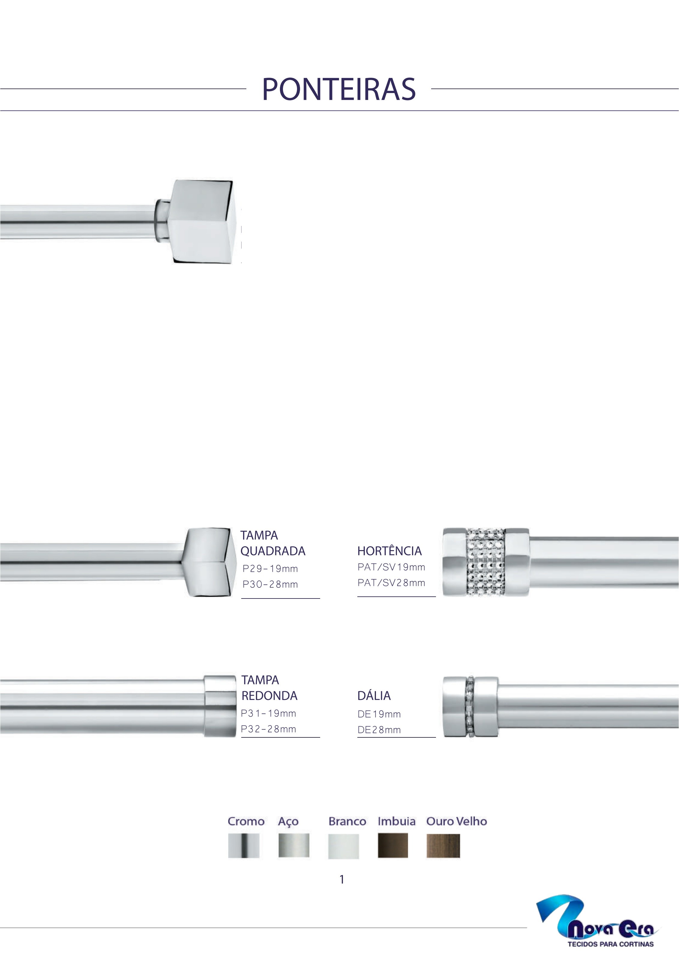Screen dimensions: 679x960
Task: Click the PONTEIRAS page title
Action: click(339, 89)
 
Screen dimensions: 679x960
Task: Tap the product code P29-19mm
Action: click(270, 568)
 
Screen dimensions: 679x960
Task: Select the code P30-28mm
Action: click(270, 584)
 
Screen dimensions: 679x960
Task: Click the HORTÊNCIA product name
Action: click(389, 551)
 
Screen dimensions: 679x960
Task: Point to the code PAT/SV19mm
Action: click(391, 567)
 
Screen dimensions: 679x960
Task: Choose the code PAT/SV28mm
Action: click(391, 583)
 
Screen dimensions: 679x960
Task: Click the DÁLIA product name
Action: click(374, 695)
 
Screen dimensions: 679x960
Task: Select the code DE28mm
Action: click(379, 730)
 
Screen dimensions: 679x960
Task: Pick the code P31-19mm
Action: click(269, 713)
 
